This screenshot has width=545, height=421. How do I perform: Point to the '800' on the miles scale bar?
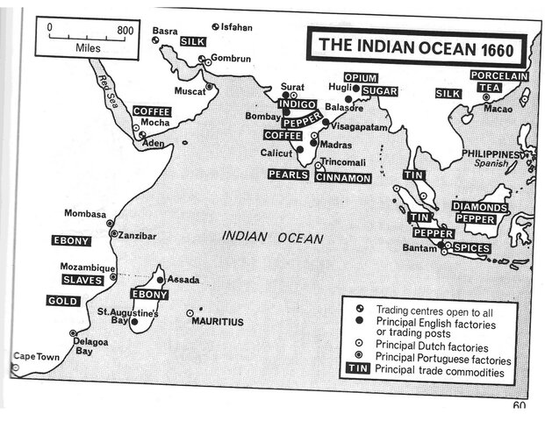pos(125,29)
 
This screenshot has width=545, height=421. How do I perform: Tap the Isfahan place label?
pos(236,27)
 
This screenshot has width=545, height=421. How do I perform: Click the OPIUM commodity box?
pos(360,78)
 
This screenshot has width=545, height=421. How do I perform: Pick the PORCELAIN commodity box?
pos(498,76)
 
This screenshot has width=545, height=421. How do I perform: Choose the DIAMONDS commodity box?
pos(480,207)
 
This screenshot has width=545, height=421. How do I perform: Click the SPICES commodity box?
pos(471,248)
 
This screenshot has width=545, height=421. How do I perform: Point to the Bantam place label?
pos(419,248)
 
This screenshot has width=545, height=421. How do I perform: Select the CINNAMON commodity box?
pos(343,177)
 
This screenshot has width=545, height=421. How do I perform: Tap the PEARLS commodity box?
pos(288,175)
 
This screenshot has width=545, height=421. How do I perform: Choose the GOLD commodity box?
pos(63,301)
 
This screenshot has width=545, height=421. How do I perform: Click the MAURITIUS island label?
pos(218,322)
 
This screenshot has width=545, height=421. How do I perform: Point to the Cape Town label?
pos(35,356)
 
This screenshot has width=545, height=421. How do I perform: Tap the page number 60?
pos(519,406)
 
